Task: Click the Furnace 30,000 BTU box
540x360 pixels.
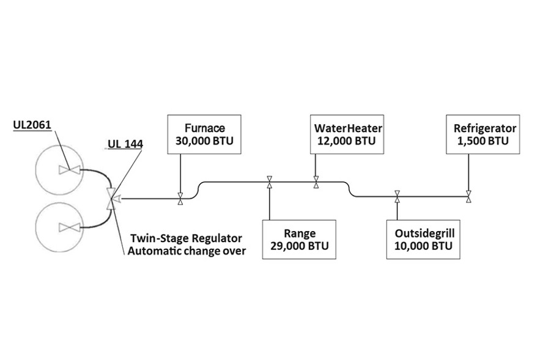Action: click(x=204, y=134)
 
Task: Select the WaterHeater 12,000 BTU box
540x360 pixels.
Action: click(x=348, y=134)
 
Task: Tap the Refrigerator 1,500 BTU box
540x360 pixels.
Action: click(x=484, y=134)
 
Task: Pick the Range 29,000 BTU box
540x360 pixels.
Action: click(x=299, y=239)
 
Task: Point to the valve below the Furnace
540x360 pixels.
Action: click(x=180, y=199)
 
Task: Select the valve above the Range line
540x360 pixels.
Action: click(x=268, y=182)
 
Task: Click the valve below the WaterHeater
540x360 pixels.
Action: click(x=316, y=182)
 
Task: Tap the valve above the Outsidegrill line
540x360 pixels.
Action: click(x=397, y=196)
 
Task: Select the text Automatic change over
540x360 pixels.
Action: click(x=186, y=251)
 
